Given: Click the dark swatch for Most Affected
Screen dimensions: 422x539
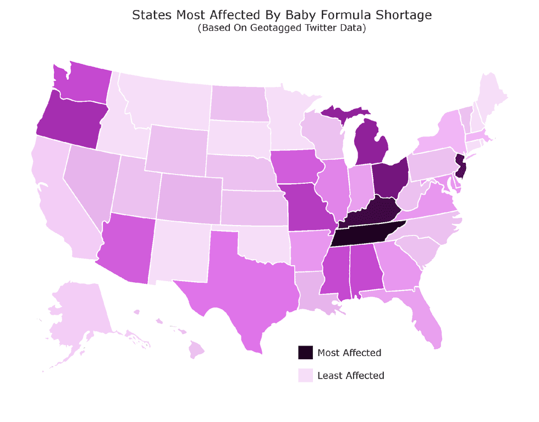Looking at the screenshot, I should (x=305, y=353).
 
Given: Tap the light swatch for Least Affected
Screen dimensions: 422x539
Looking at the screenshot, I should (x=305, y=375).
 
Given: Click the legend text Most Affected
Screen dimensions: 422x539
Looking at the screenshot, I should (x=349, y=353).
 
